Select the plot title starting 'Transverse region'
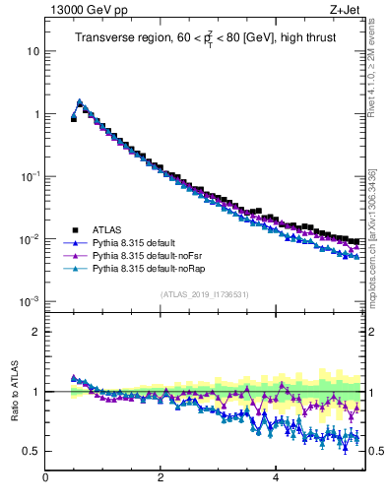204,38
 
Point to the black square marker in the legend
72,229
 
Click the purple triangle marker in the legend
72,255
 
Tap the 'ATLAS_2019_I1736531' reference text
204,294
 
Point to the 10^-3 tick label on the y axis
30,301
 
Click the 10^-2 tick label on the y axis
30,239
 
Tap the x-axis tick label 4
276,479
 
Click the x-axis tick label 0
45,479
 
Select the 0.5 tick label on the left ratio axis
31,451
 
